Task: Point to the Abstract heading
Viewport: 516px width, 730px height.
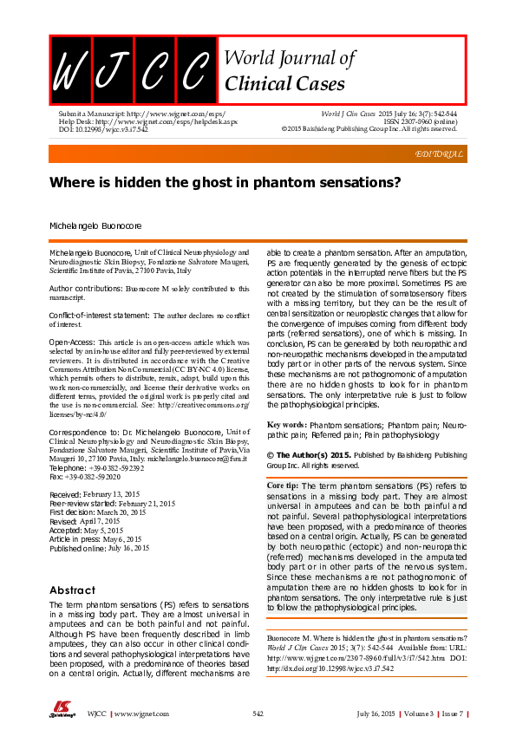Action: (73, 590)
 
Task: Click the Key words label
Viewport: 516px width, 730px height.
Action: (286, 426)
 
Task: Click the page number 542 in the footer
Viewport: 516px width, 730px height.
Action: (258, 713)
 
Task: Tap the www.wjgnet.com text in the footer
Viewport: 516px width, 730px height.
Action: (141, 713)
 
